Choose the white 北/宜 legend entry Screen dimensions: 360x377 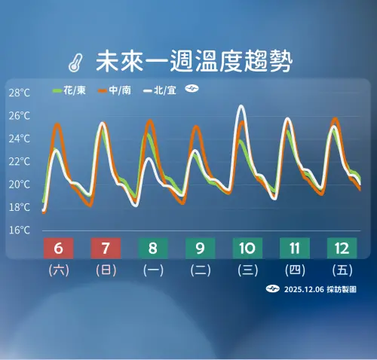(164, 90)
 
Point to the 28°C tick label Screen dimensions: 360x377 (20, 93)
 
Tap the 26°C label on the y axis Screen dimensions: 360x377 (20, 116)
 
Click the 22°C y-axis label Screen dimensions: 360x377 (20, 161)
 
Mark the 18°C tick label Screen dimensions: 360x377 (20, 206)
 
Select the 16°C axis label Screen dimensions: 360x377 (20, 230)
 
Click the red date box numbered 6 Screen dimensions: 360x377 (59, 248)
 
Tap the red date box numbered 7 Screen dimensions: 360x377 (106, 248)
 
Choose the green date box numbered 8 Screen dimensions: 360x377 (153, 248)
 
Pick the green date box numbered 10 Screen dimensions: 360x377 (247, 248)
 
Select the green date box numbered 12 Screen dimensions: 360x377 (341, 248)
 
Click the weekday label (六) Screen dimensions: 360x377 (59, 270)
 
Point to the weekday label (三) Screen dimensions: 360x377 (247, 270)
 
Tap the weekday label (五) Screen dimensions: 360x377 (341, 270)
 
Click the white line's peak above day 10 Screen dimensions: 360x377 (241, 106)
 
